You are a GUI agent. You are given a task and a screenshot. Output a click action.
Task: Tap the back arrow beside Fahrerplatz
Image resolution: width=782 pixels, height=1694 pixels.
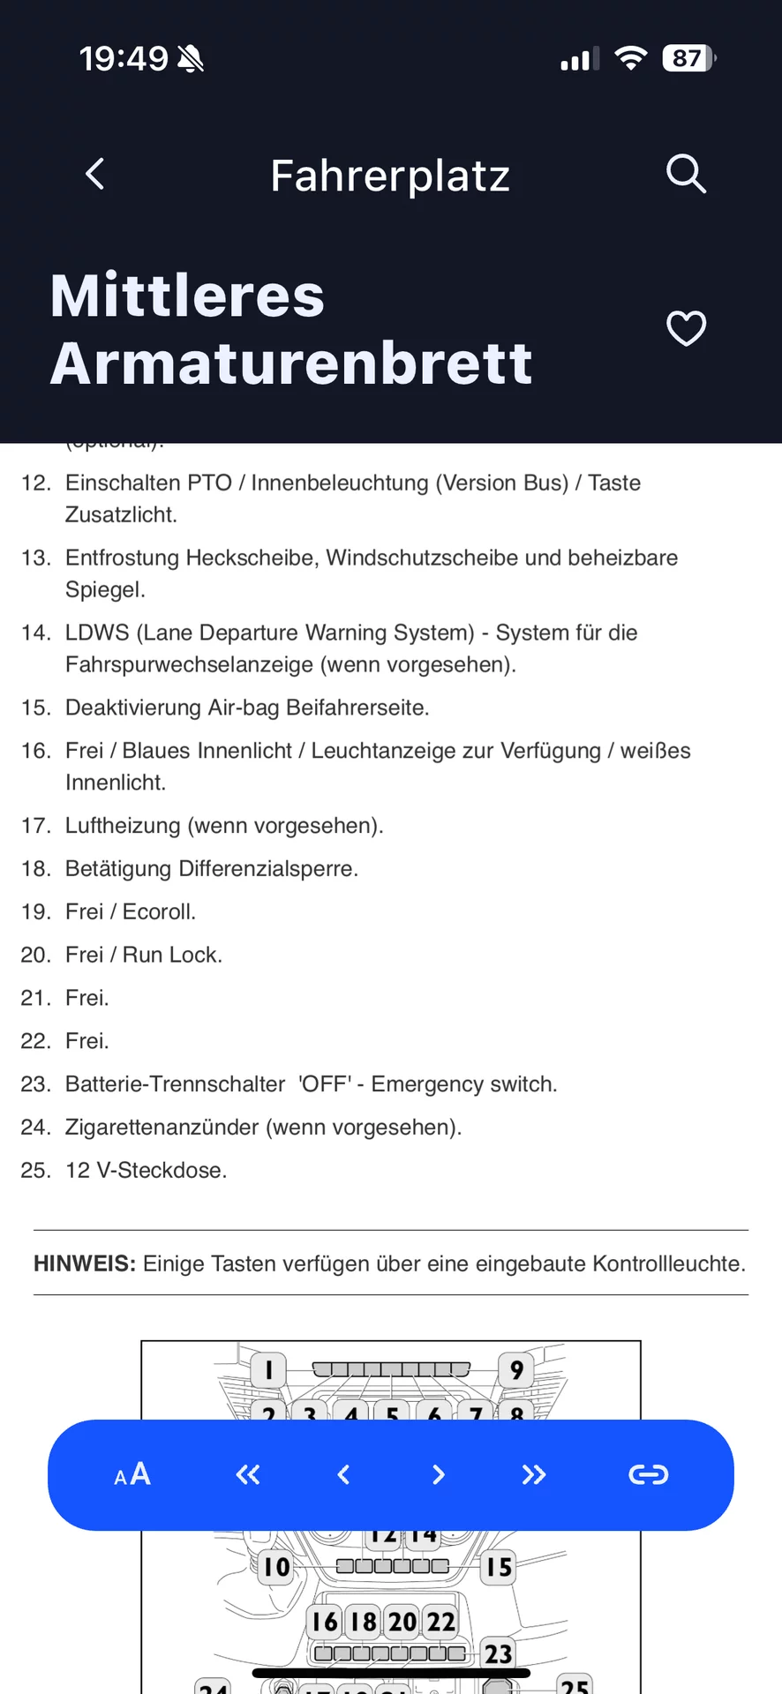coord(95,174)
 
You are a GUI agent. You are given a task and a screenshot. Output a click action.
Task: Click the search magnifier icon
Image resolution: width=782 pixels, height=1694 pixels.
coord(686,173)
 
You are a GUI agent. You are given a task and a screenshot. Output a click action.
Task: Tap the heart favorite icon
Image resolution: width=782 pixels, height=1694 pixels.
coord(686,328)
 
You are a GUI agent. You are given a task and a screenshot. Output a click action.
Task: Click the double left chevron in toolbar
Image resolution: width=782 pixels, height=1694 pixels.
coord(248,1474)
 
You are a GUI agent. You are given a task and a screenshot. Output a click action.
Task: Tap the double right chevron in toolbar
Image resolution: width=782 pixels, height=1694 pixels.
coord(533,1474)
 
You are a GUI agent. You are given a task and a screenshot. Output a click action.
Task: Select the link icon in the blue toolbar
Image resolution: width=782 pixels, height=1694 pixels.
coord(648,1474)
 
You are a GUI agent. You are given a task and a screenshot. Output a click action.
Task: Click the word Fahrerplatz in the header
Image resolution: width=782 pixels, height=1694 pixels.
coord(390,176)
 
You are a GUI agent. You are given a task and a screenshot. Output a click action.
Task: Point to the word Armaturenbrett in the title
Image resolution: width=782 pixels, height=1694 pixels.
coord(291,363)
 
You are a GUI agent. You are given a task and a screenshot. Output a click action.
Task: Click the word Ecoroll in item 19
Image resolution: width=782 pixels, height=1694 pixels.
coord(158,911)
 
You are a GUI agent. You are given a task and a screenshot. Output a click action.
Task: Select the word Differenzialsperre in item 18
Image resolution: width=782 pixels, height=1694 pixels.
coord(267,868)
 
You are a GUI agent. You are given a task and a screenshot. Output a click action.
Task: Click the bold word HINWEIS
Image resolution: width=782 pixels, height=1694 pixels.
coord(84,1263)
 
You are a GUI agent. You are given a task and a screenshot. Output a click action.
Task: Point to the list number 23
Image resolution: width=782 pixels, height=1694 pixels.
coord(34,1083)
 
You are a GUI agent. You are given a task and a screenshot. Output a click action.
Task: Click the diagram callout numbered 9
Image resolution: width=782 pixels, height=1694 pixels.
coord(516,1369)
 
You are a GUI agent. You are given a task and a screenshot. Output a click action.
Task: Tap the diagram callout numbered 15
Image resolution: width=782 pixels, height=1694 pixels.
coord(498,1567)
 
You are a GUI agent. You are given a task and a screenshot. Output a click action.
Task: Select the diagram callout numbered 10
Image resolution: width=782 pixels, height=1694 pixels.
coord(276,1567)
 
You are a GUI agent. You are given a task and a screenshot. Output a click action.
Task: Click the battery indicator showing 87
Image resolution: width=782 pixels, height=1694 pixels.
coord(688,58)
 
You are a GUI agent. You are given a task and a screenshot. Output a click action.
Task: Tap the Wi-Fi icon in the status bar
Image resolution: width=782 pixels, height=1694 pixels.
coord(630,58)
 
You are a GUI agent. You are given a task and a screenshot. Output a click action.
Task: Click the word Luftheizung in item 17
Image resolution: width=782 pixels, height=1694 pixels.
coord(123,825)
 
